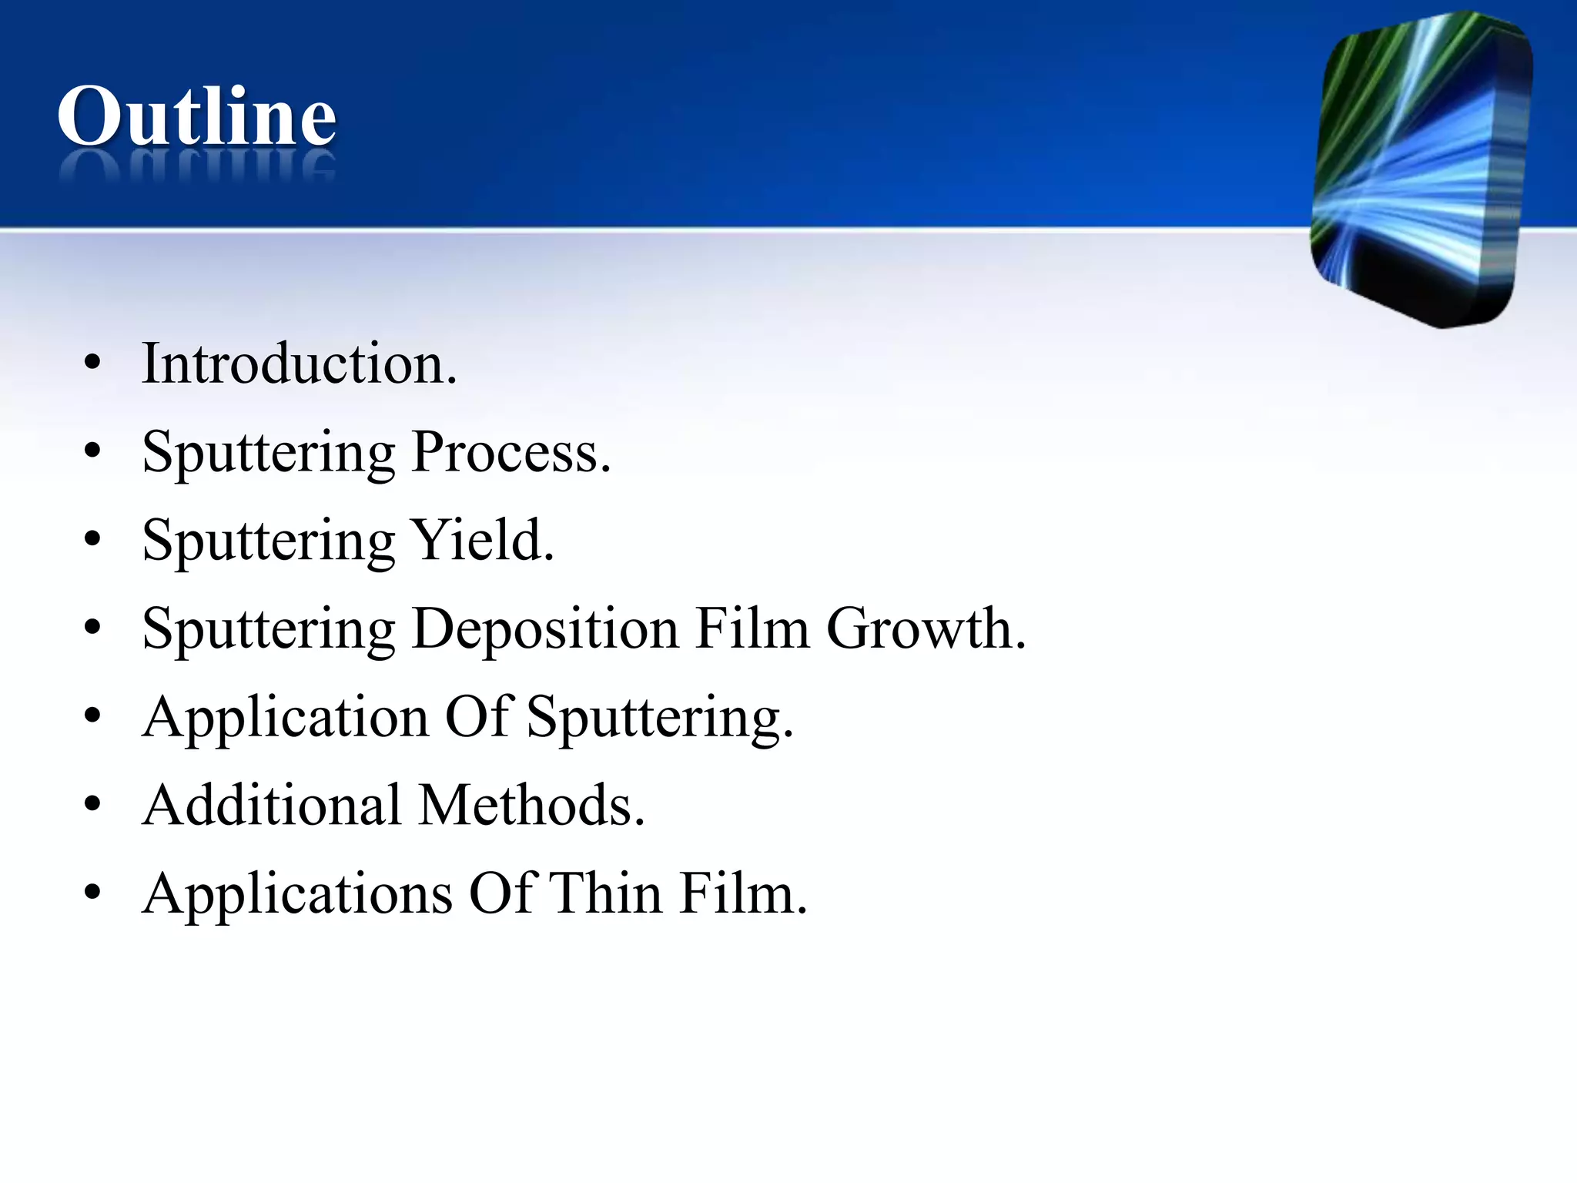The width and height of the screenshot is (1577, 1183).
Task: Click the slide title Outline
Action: coord(197,116)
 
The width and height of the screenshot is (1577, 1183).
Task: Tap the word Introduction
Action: coord(299,364)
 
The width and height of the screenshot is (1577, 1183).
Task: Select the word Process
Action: coord(511,452)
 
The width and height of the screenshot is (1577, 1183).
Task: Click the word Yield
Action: coord(482,540)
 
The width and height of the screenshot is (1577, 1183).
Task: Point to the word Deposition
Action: coord(545,628)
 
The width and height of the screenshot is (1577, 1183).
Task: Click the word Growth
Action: coord(926,628)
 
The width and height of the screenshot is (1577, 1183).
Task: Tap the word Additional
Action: coord(272,805)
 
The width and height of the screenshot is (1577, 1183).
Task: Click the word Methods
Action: coord(532,805)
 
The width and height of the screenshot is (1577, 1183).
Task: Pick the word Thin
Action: coord(606,893)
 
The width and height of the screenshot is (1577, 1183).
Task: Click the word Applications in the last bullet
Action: coord(297,893)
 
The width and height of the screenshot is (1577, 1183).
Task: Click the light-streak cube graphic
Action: coord(1421,169)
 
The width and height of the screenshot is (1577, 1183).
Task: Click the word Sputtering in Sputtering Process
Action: coord(268,452)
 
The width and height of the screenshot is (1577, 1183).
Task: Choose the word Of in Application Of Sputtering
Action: coord(478,717)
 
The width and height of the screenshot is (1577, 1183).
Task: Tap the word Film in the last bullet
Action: coord(743,893)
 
